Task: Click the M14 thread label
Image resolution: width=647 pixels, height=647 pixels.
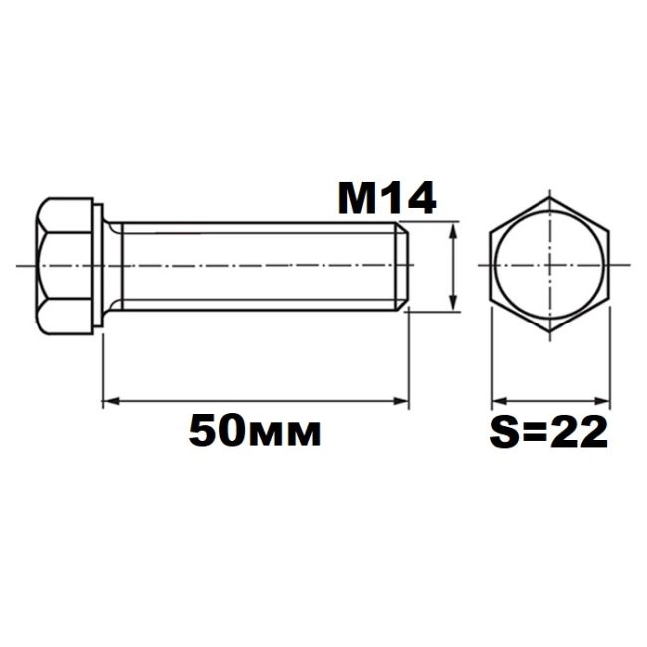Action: [387, 198]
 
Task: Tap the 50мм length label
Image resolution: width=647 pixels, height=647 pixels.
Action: [255, 431]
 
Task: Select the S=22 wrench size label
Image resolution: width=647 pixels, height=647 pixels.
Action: [548, 432]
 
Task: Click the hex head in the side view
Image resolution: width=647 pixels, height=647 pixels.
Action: [64, 266]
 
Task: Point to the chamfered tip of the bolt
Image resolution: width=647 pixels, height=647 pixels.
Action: [403, 266]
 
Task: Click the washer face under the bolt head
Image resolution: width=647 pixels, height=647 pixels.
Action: [98, 266]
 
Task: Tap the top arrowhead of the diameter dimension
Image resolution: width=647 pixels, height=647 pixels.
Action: [454, 229]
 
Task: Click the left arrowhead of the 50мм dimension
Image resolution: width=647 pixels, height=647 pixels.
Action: [110, 401]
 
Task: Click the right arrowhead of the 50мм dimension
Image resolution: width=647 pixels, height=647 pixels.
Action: [401, 401]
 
